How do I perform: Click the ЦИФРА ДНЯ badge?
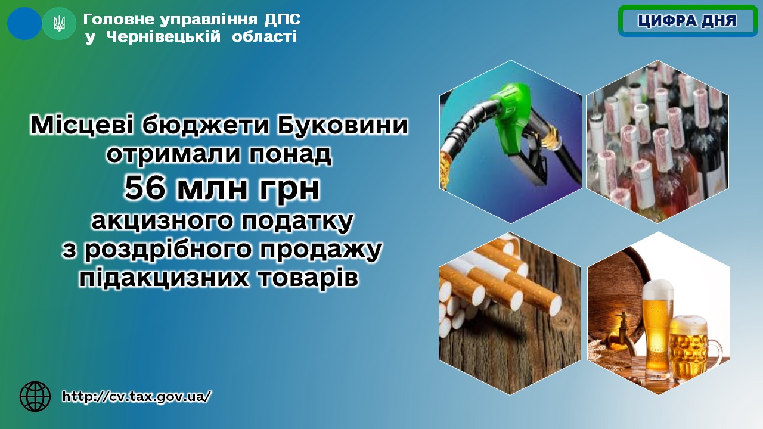pos(688,20)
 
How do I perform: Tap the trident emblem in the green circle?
pos(59,24)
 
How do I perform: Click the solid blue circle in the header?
pos(24,23)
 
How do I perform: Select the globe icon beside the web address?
pos(35,396)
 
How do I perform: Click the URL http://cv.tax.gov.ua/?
pos(137,396)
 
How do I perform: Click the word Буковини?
pos(342,125)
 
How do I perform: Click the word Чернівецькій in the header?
pos(163,36)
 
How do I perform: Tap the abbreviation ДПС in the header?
pos(283,20)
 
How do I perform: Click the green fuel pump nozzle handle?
pos(509,114)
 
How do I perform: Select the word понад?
pos(290,155)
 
